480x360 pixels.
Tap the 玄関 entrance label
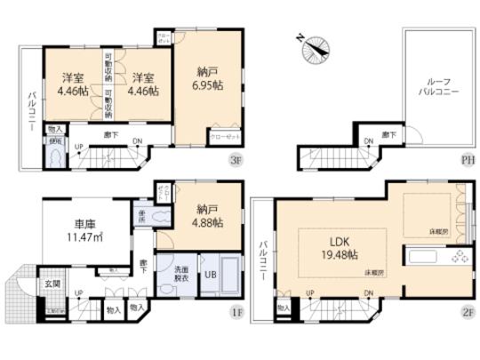(53, 284)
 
